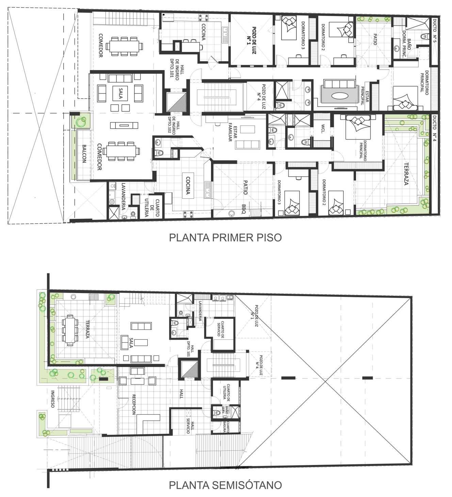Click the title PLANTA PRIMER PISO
point(225,238)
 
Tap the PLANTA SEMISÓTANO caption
point(225,485)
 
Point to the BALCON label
point(84,154)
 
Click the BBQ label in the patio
point(245,208)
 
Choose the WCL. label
point(323,129)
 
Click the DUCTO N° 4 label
point(435,131)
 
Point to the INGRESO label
point(52,399)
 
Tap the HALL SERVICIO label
point(190,426)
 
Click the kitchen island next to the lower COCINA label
point(188,185)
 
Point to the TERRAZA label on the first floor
point(406,174)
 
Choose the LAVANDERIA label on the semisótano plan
point(200,311)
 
